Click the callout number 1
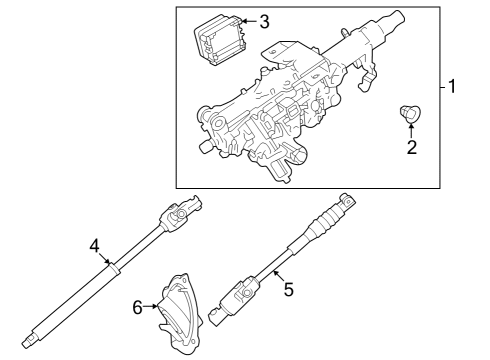453,87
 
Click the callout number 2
411,149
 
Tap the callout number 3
264,21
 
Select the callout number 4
93,245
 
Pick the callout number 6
138,308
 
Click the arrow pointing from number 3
248,22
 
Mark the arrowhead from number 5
271,273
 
